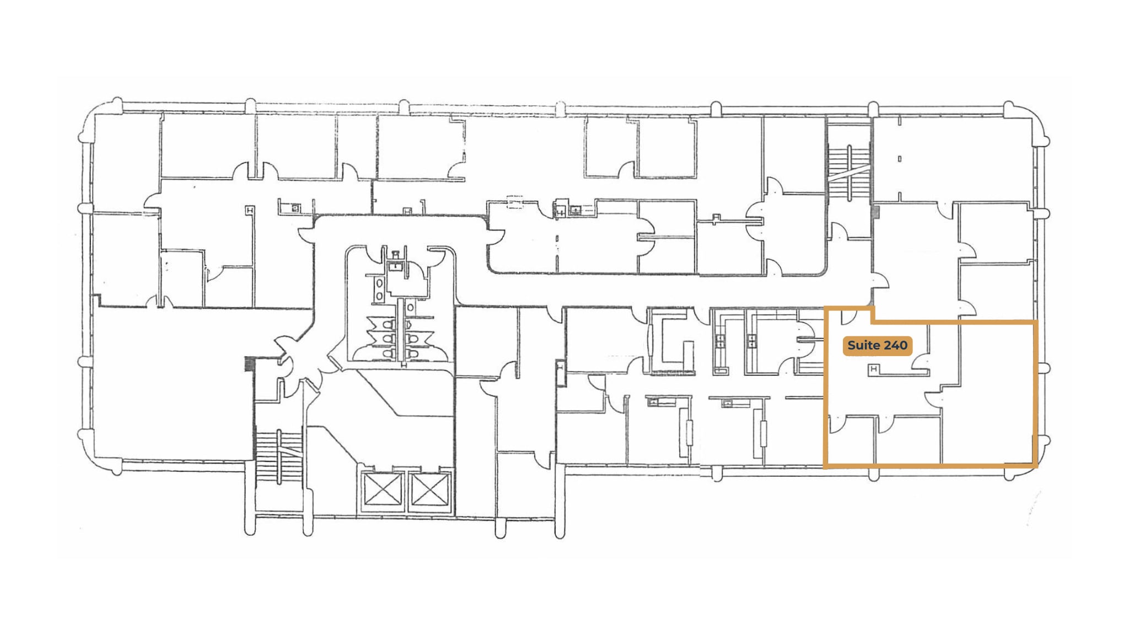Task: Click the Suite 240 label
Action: pos(877,346)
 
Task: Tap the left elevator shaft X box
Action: pos(382,489)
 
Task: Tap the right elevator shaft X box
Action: pos(428,489)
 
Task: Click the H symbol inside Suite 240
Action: pos(873,369)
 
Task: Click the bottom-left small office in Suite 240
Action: pos(852,441)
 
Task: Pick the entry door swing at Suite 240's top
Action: pos(849,317)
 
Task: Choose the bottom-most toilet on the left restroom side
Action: pos(388,353)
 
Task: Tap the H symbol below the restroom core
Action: pos(404,365)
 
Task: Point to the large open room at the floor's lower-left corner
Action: pos(165,386)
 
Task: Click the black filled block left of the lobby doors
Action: pos(249,364)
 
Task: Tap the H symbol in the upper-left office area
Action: pos(250,210)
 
